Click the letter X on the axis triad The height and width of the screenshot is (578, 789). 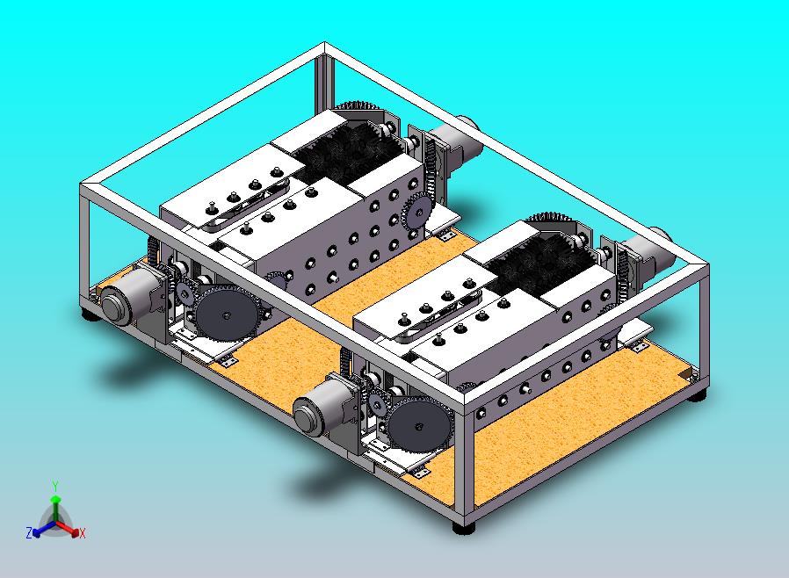83,533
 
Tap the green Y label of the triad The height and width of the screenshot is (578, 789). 55,486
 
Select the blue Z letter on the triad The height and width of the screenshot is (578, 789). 29,532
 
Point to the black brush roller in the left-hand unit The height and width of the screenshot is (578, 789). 346,148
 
